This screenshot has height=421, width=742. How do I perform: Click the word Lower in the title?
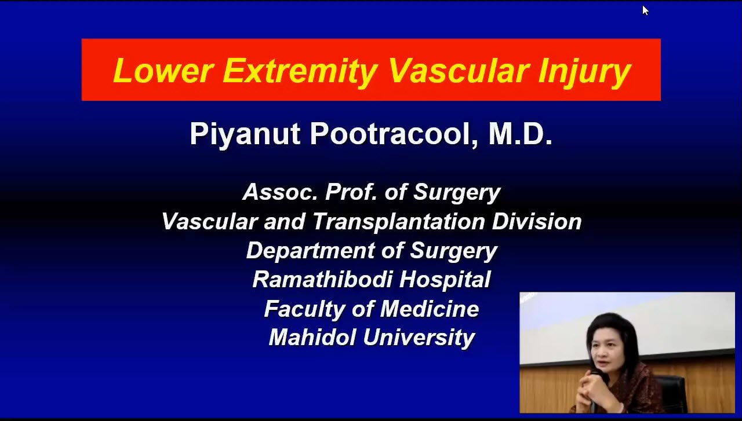(x=163, y=71)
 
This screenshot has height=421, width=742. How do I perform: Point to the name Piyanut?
(x=245, y=134)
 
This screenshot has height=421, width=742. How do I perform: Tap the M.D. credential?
(x=521, y=133)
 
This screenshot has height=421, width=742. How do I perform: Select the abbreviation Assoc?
(x=280, y=192)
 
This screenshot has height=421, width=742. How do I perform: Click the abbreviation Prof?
(x=351, y=192)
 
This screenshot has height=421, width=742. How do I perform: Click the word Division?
(x=537, y=221)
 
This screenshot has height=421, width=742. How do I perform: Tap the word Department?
(x=310, y=251)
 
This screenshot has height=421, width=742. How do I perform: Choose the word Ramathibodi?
(x=322, y=279)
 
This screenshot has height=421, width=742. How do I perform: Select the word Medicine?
(x=430, y=309)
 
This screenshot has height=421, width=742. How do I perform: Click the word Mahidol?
(x=312, y=338)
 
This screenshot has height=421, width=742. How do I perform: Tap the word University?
(x=419, y=338)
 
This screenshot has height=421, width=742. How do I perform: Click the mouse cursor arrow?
(x=645, y=10)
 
